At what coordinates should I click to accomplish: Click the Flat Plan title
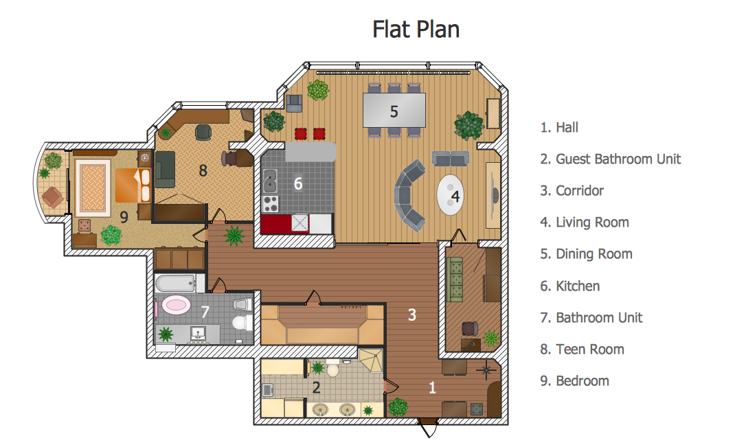click(416, 29)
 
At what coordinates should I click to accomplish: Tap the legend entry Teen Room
click(582, 350)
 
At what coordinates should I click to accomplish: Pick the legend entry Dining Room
click(586, 254)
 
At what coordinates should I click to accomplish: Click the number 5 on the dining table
click(394, 111)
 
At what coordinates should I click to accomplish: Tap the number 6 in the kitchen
click(297, 183)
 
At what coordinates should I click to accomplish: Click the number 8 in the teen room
click(203, 170)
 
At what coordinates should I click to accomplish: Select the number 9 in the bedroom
click(124, 217)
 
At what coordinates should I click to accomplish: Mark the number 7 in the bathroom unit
click(204, 313)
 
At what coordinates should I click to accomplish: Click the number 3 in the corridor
click(411, 315)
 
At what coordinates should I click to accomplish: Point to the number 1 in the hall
click(432, 387)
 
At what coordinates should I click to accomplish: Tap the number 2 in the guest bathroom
click(316, 387)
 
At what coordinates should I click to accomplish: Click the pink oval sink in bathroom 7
click(177, 305)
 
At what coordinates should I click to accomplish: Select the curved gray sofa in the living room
click(411, 194)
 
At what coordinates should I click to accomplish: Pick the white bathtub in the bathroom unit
click(175, 283)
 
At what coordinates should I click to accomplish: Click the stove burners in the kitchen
click(271, 203)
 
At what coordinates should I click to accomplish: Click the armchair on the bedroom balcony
click(53, 198)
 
